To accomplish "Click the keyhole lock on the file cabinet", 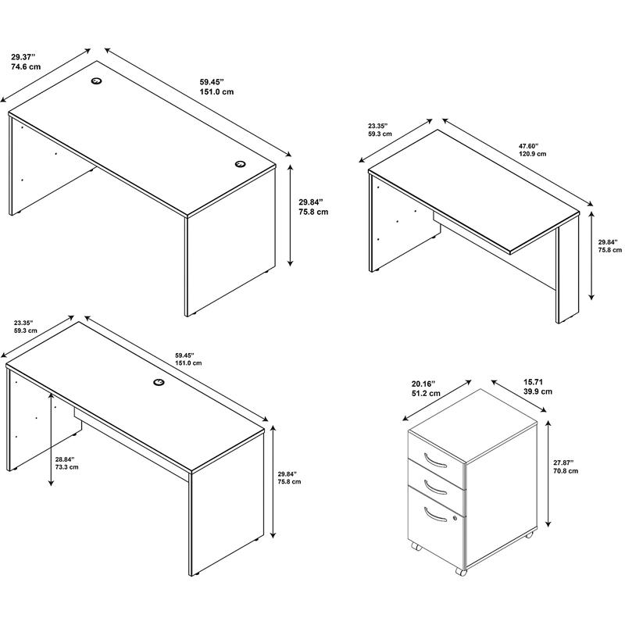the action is [x=455, y=518].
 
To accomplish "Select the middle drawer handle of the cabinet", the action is [x=435, y=487].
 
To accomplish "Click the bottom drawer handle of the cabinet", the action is [x=435, y=514].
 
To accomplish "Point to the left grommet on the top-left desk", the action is [x=96, y=81].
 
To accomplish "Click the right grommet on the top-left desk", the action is [x=240, y=164].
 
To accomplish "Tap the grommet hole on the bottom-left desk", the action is [x=159, y=382].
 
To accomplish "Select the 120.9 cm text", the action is [x=532, y=154].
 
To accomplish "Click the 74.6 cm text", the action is [x=26, y=66].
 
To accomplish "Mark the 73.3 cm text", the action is [x=66, y=467].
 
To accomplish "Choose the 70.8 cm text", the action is [x=565, y=471].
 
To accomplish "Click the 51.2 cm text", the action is [x=426, y=394].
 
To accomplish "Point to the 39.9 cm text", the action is [x=537, y=391].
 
